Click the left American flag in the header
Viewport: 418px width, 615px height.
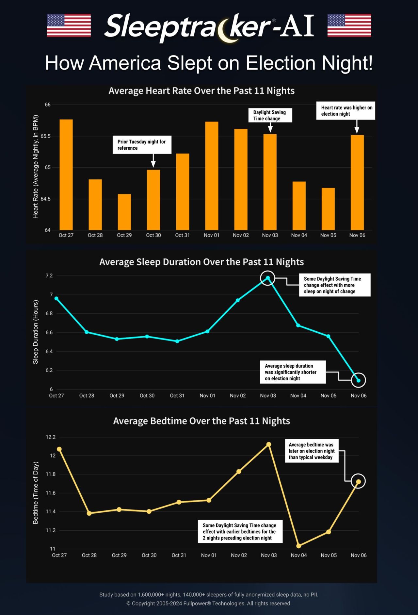click(69, 25)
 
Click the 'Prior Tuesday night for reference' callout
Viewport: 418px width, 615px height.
click(141, 145)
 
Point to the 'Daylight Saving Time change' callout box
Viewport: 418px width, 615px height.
click(269, 115)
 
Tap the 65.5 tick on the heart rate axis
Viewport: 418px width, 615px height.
click(47, 136)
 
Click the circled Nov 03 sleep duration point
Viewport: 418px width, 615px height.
click(268, 278)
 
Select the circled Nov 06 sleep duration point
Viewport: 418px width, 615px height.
click(359, 380)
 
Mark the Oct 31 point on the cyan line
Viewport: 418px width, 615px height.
click(177, 341)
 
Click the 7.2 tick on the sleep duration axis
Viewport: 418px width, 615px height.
click(49, 276)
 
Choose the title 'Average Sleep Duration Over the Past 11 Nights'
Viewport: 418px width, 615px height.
click(201, 262)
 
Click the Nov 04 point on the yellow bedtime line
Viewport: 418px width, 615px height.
click(298, 546)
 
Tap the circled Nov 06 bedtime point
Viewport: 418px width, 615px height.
click(358, 482)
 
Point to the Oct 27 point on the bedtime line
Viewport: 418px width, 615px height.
click(59, 449)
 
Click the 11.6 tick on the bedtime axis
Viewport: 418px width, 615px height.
click(51, 493)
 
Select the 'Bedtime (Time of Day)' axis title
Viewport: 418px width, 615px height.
click(36, 493)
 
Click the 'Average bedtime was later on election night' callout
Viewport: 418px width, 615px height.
click(311, 451)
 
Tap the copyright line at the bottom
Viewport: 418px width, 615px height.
click(209, 603)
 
